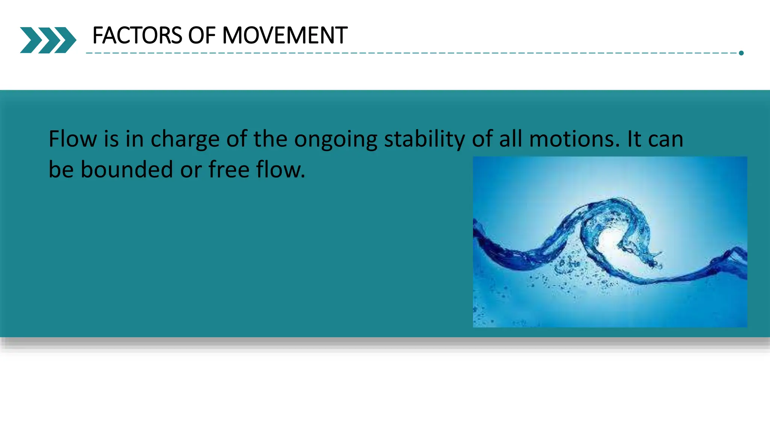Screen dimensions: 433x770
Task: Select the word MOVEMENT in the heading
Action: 285,36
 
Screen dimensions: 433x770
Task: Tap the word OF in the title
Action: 202,36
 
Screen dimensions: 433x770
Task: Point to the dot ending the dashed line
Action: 741,53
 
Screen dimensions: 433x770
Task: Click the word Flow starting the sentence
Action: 73,139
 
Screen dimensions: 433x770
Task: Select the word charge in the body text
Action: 185,139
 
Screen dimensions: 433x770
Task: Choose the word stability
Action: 424,139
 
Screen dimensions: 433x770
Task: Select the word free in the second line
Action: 229,170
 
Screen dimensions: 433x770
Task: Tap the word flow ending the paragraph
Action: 280,170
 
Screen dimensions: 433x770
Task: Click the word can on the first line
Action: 665,139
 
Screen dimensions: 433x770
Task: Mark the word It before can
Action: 634,139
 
